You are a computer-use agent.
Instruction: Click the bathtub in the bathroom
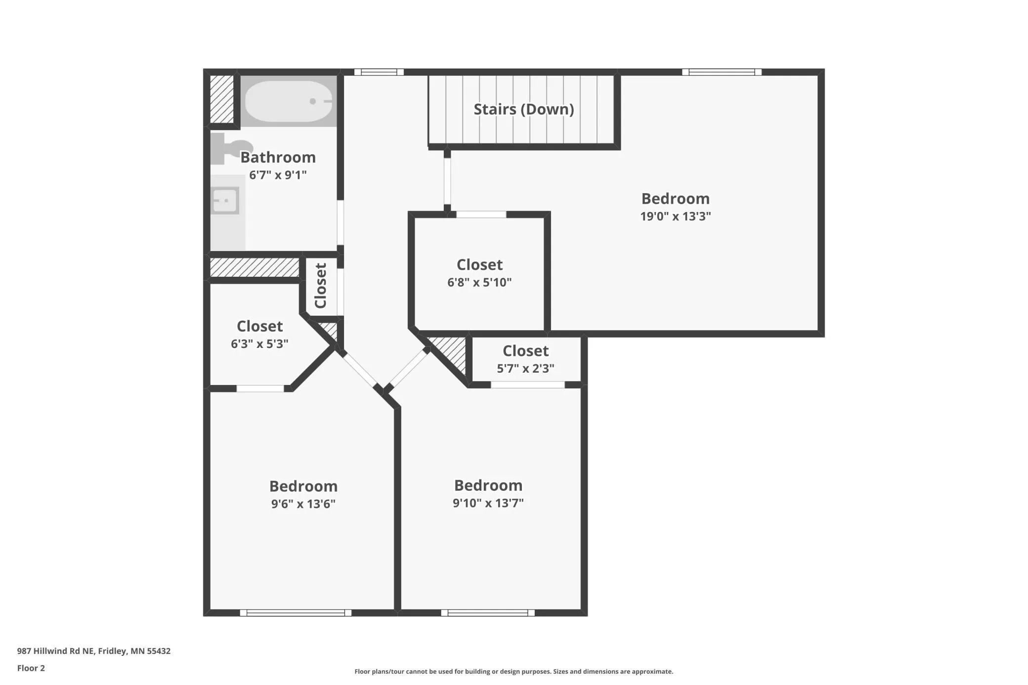click(289, 101)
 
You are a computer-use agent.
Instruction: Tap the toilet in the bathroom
click(231, 148)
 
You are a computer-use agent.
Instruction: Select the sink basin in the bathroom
click(225, 201)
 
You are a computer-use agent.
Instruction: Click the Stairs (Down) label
click(524, 109)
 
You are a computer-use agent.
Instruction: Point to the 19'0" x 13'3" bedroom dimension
click(676, 216)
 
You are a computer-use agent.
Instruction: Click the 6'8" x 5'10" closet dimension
click(479, 282)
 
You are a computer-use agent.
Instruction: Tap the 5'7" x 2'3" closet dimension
click(525, 368)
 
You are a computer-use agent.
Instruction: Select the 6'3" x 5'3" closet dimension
click(259, 343)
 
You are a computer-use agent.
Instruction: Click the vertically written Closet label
click(321, 286)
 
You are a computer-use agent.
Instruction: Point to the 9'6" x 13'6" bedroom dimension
click(303, 504)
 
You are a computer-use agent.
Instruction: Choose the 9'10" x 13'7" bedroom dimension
click(488, 503)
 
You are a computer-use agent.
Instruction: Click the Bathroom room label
click(278, 157)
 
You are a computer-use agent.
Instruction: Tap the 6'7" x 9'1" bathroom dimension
click(278, 174)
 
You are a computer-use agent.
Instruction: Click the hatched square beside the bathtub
click(222, 99)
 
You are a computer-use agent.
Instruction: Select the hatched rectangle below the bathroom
click(255, 267)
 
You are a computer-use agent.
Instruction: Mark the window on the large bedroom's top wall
click(722, 72)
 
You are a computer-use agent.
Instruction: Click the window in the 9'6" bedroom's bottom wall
click(296, 613)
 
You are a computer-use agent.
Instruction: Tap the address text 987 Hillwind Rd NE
click(55, 651)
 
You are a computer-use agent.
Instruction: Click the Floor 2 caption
click(31, 668)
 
